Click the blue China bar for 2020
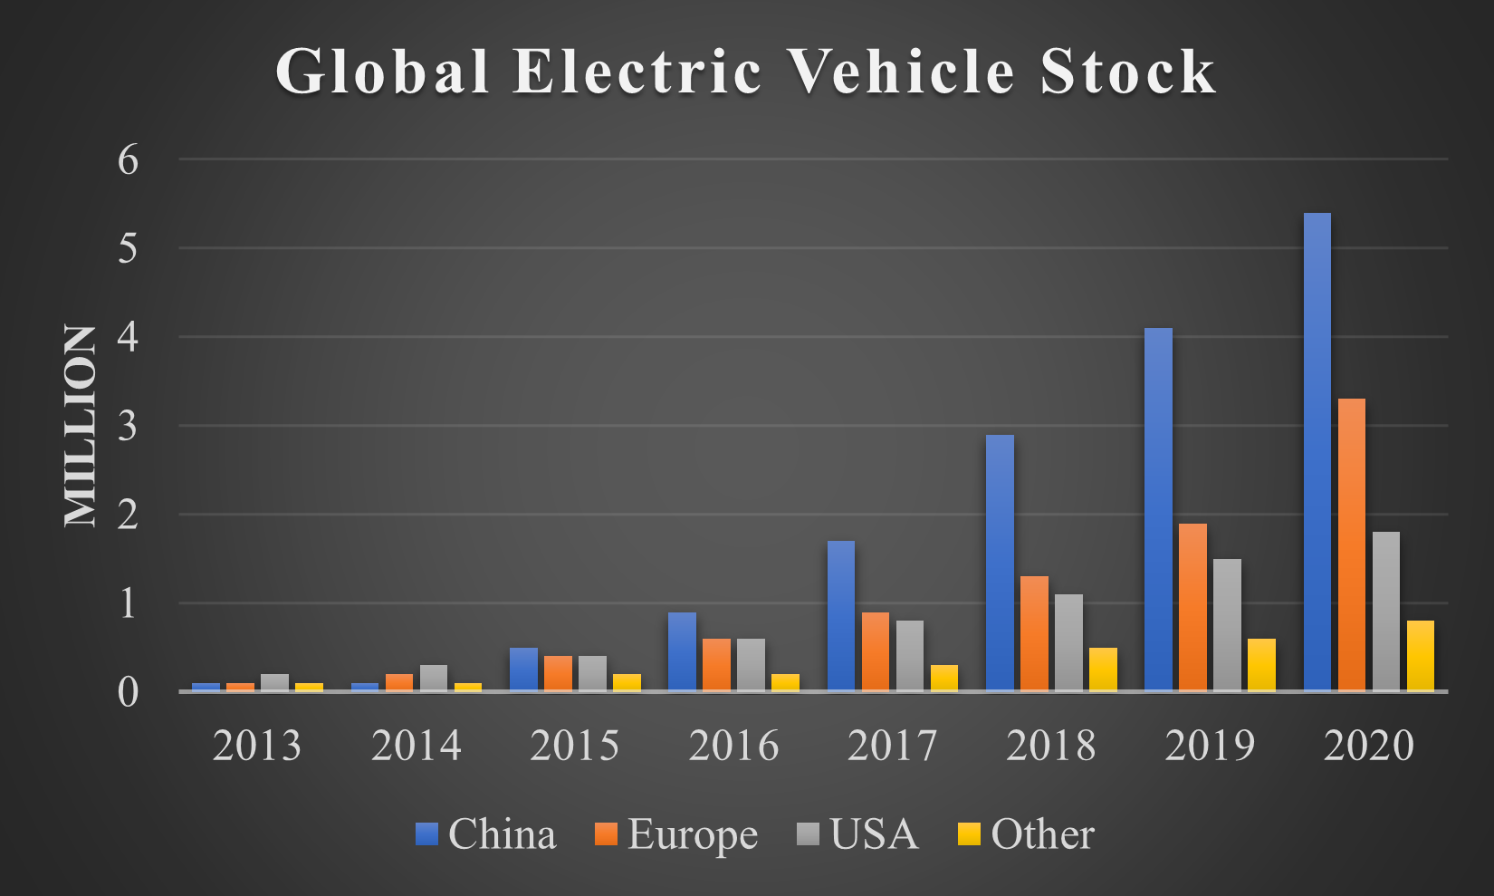1317,452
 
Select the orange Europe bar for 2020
1351,544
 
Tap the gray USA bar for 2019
1227,625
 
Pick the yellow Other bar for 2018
1103,670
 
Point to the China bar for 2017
841,616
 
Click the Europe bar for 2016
716,665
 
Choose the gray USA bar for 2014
434,679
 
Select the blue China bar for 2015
523,670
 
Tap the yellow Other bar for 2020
1420,656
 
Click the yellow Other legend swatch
969,833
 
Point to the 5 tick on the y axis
128,248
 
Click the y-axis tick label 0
128,692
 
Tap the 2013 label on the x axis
257,746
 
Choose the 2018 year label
1050,746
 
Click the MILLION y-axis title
81,426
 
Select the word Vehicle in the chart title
902,71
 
